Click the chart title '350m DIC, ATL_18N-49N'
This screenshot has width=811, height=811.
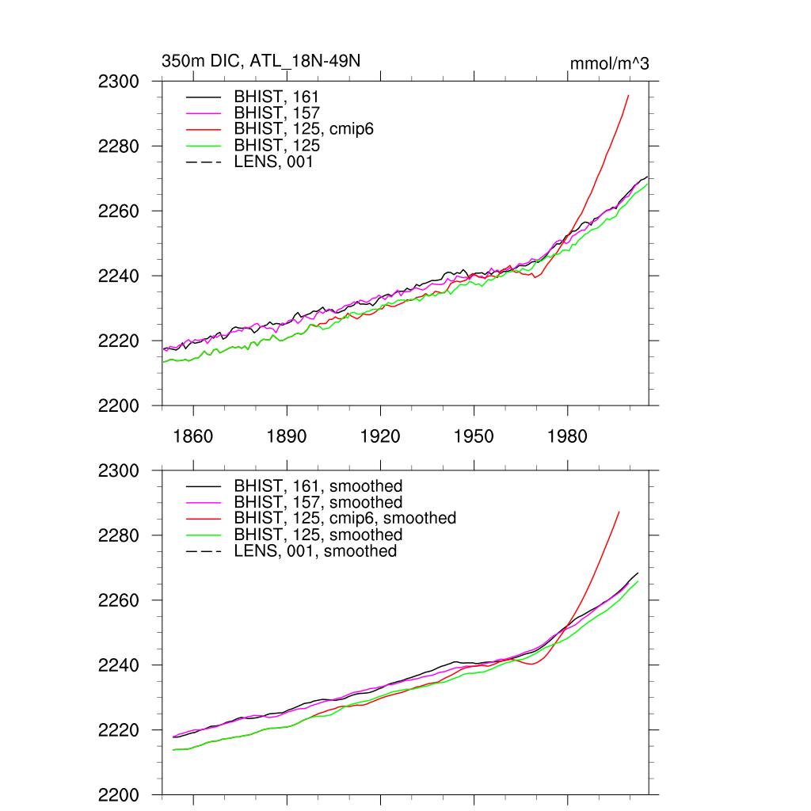[x=261, y=61]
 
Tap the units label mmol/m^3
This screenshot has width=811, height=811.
[x=610, y=63]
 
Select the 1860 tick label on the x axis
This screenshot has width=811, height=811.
[x=192, y=437]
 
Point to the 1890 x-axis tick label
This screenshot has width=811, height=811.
[x=287, y=437]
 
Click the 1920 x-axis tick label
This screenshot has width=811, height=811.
[x=380, y=437]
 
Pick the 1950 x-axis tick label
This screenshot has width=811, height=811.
[x=474, y=437]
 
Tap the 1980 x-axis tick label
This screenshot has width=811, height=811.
[x=567, y=437]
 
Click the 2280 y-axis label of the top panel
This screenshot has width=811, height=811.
[x=119, y=147]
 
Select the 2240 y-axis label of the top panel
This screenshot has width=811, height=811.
[x=119, y=276]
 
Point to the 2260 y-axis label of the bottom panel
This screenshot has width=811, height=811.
[x=119, y=600]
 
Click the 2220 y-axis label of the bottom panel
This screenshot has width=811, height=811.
[x=119, y=730]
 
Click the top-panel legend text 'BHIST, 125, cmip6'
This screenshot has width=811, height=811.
[x=303, y=129]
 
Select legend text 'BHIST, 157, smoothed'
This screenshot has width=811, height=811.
[x=318, y=502]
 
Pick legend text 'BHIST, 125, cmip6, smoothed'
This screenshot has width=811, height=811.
[x=345, y=518]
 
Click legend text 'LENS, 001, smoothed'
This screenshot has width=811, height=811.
[x=315, y=550]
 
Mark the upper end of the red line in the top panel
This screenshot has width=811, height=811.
[x=628, y=95]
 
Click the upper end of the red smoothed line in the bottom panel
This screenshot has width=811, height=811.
[x=619, y=512]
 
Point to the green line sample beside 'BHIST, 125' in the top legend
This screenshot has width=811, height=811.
[x=204, y=146]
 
